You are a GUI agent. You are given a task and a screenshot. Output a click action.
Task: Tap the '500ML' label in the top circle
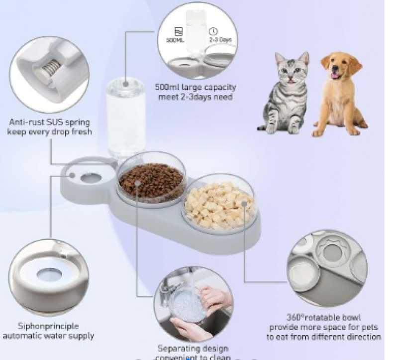pos(178,40)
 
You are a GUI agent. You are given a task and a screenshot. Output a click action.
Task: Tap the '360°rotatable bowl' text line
pos(325,317)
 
